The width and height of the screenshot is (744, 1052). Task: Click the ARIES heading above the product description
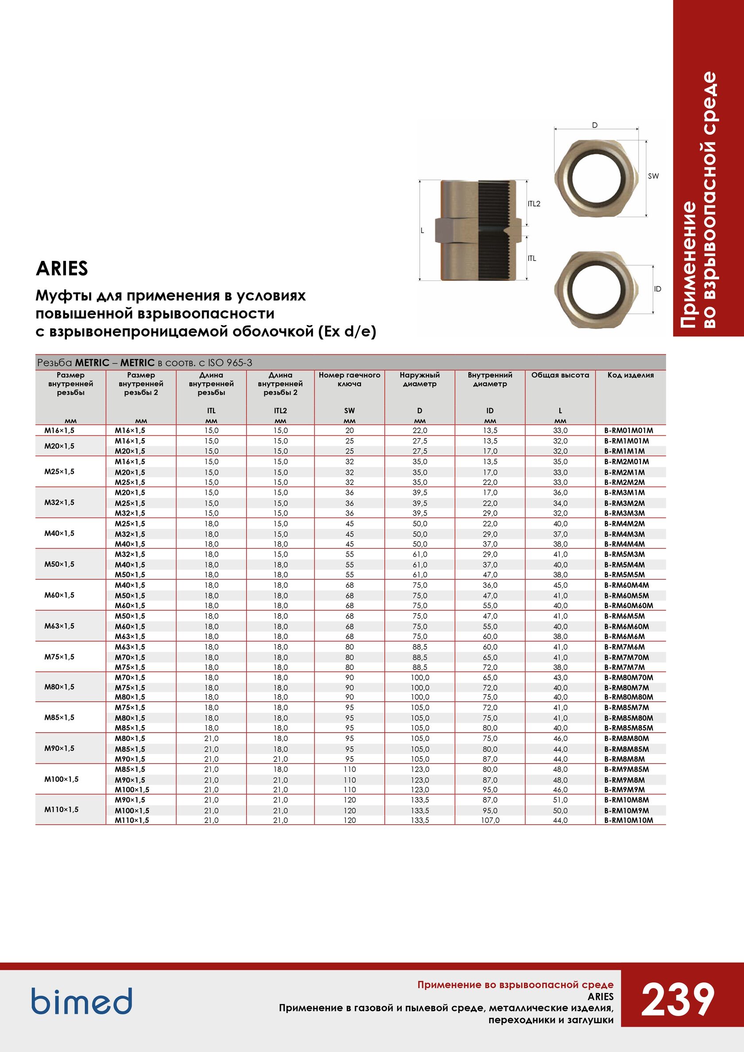[x=62, y=268]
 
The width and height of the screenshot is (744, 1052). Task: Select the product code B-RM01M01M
[x=628, y=430]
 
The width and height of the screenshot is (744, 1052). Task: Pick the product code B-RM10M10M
[x=628, y=820]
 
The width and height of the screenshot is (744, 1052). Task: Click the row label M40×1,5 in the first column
[x=59, y=533]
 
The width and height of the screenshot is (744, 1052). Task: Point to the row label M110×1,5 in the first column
[x=62, y=810]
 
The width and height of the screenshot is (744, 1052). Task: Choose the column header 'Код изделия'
[x=630, y=375]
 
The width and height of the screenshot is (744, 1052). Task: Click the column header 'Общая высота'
[x=560, y=375]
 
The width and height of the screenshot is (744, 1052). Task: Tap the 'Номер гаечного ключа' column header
[x=349, y=379]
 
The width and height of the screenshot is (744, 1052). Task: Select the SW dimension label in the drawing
[x=653, y=176]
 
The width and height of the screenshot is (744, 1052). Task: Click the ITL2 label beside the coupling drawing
[x=534, y=204]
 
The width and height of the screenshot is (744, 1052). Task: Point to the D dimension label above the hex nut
[x=595, y=125]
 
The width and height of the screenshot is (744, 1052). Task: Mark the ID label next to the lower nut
[x=657, y=289]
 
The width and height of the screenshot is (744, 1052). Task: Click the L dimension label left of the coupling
[x=422, y=230]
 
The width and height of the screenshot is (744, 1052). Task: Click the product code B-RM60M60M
[x=628, y=606]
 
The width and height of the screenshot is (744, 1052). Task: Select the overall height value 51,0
[x=560, y=800]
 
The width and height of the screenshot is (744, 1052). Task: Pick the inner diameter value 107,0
[x=490, y=820]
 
